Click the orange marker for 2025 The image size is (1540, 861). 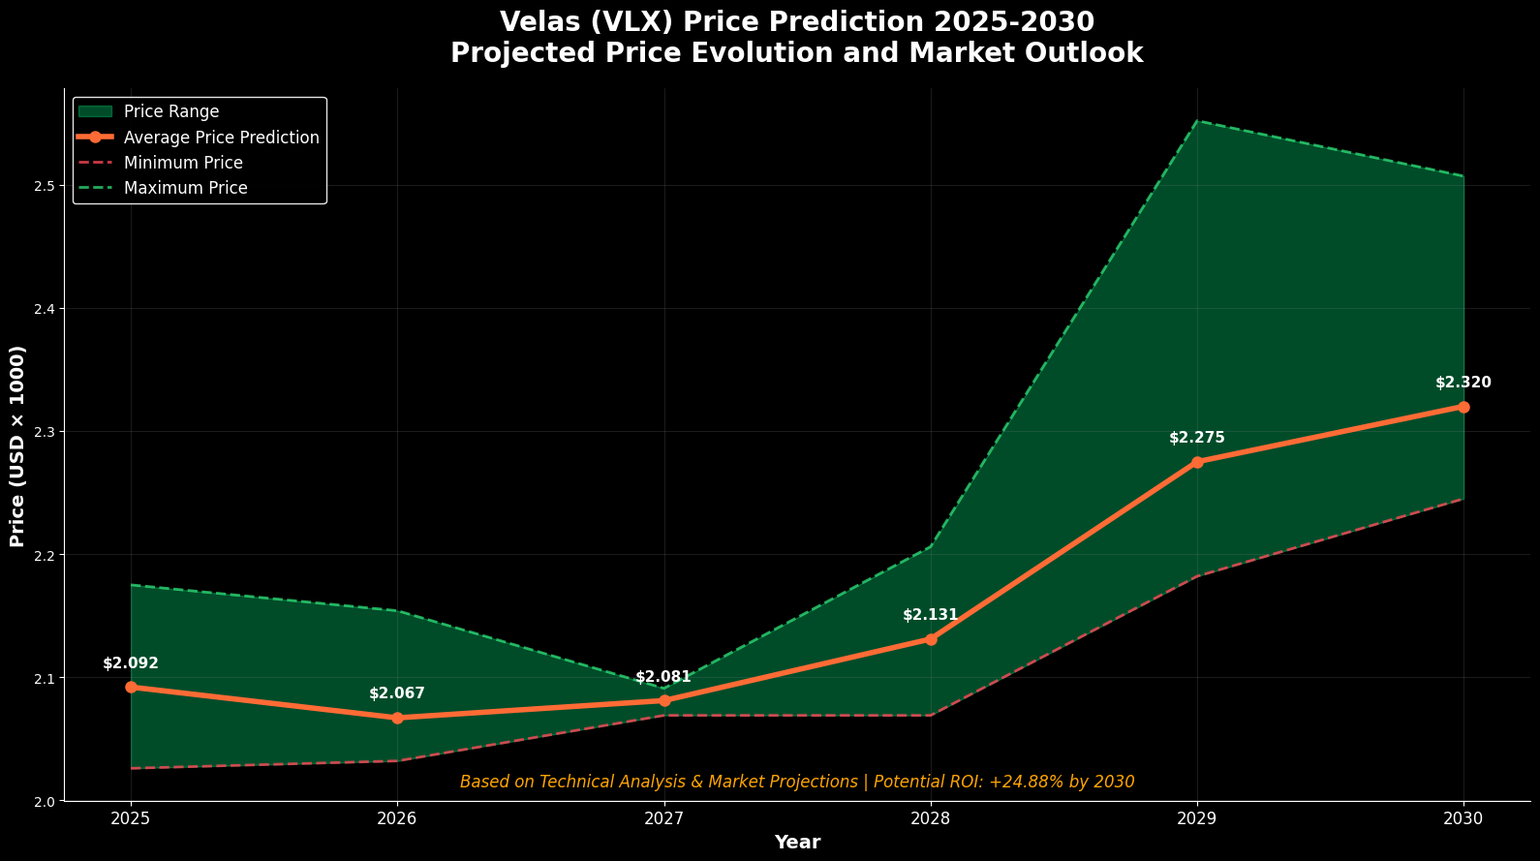point(131,687)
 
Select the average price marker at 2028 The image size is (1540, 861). point(931,639)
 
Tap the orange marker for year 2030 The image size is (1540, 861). point(1463,407)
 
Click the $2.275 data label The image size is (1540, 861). point(1196,438)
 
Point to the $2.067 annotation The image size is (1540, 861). point(396,693)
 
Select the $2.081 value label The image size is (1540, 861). point(663,677)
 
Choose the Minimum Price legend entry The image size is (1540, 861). point(183,163)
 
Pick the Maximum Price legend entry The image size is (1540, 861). point(185,188)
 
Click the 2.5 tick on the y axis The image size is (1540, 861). point(43,186)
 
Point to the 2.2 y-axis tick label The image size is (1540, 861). point(43,555)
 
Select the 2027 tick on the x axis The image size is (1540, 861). point(663,818)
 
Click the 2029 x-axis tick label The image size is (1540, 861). point(1196,818)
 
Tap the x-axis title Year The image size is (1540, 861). point(797,843)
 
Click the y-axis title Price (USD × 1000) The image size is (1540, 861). point(17,446)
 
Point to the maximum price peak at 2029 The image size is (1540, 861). point(1197,121)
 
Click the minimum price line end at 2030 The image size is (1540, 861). point(1463,499)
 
